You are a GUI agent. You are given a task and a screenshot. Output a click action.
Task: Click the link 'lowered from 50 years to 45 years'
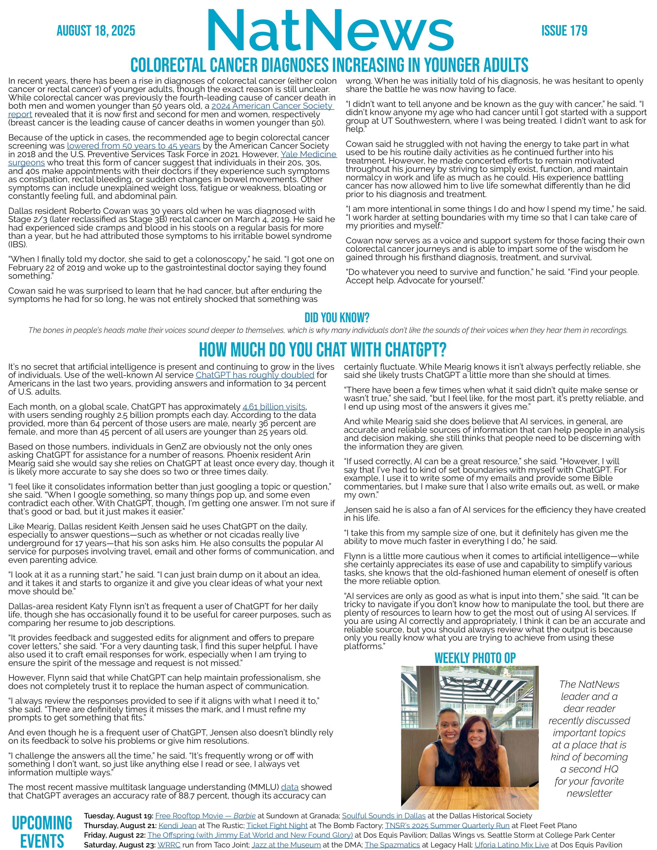pos(133,146)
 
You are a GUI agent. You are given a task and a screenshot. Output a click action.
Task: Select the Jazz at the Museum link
pos(286,845)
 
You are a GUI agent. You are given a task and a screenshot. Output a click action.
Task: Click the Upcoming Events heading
pos(42,831)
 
